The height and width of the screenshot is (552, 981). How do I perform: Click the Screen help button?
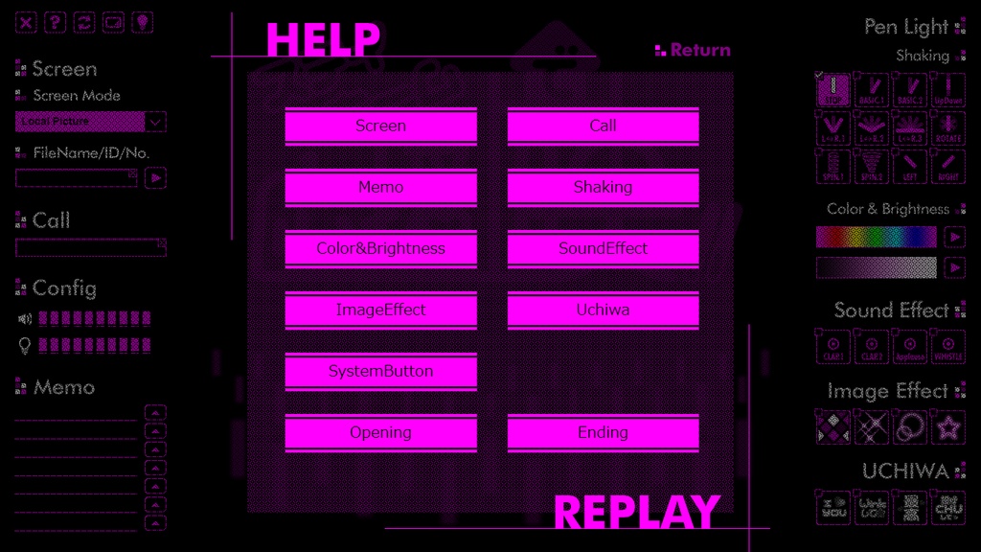380,126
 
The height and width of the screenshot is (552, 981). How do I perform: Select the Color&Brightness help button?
380,249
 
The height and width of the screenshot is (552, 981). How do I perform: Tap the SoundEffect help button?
603,249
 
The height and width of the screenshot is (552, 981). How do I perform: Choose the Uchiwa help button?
603,310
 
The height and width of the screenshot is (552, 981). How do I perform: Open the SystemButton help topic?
380,372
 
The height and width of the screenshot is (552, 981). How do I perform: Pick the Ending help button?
603,433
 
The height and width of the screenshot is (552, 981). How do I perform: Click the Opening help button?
380,433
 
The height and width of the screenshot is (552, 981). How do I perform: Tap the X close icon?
27,22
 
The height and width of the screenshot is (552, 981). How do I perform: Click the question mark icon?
56,22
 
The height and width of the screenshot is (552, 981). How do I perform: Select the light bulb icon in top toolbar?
142,22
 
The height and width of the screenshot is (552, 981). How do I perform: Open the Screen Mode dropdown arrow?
156,122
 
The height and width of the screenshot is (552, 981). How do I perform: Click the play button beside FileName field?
156,177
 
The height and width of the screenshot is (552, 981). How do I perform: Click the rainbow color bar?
876,237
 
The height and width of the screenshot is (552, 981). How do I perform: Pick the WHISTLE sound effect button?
948,347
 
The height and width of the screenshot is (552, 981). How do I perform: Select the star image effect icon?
948,427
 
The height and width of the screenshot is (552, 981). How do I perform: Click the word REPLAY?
636,513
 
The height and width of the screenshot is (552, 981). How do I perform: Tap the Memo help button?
380,188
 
